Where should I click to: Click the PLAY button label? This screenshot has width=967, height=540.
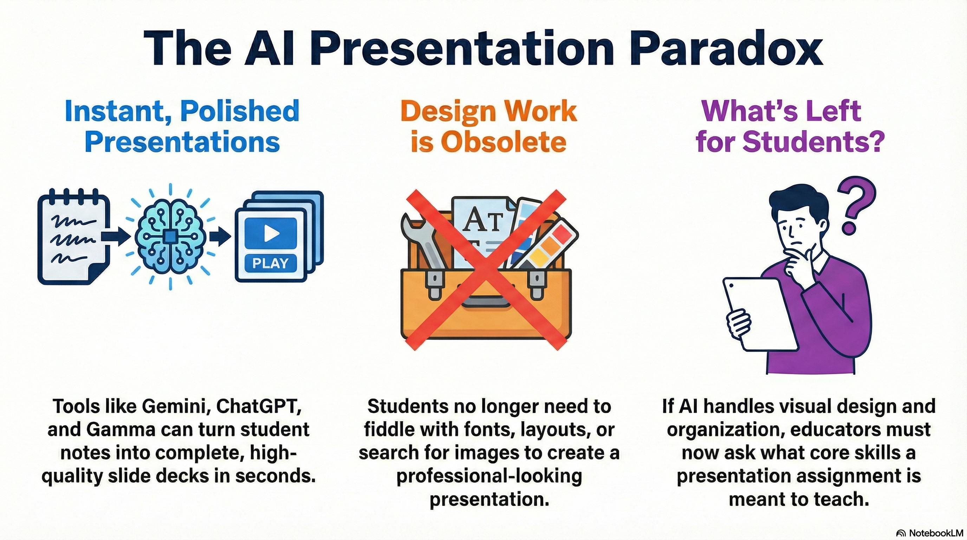click(270, 263)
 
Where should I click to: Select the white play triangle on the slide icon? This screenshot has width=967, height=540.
click(271, 233)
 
